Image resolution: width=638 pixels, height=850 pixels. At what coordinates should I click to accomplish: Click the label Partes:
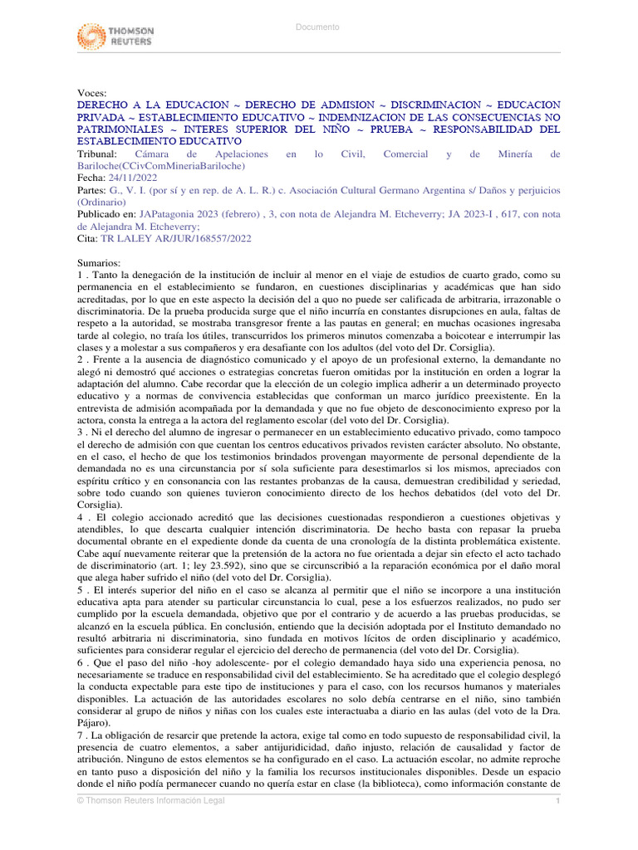coord(91,190)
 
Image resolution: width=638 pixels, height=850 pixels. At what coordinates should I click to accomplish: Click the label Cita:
coord(87,238)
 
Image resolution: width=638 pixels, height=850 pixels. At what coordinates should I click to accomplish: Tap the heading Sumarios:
coord(99,262)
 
